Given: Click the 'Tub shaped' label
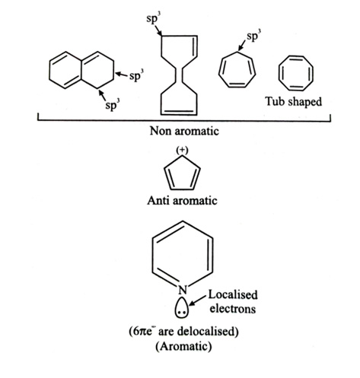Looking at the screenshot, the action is tap(294, 102).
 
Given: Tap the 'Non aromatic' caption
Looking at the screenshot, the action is tap(184, 131).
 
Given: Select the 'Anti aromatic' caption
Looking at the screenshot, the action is tap(182, 201).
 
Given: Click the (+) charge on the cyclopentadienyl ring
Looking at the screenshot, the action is tap(182, 150).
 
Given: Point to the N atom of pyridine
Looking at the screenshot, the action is tap(183, 290).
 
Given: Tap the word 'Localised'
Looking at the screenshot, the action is tap(233, 295).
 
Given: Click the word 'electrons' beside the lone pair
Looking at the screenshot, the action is tap(233, 309).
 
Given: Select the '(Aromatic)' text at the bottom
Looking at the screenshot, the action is tap(183, 346).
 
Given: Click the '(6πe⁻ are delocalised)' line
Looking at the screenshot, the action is tap(183, 332).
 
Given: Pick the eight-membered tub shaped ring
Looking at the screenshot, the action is tap(296, 56).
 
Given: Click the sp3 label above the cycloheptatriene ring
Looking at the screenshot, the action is tap(254, 37).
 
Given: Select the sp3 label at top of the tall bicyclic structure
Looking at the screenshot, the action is tap(154, 19).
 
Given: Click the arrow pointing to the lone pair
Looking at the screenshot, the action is tap(198, 300).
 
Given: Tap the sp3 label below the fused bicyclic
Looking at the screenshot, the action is tap(113, 104).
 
